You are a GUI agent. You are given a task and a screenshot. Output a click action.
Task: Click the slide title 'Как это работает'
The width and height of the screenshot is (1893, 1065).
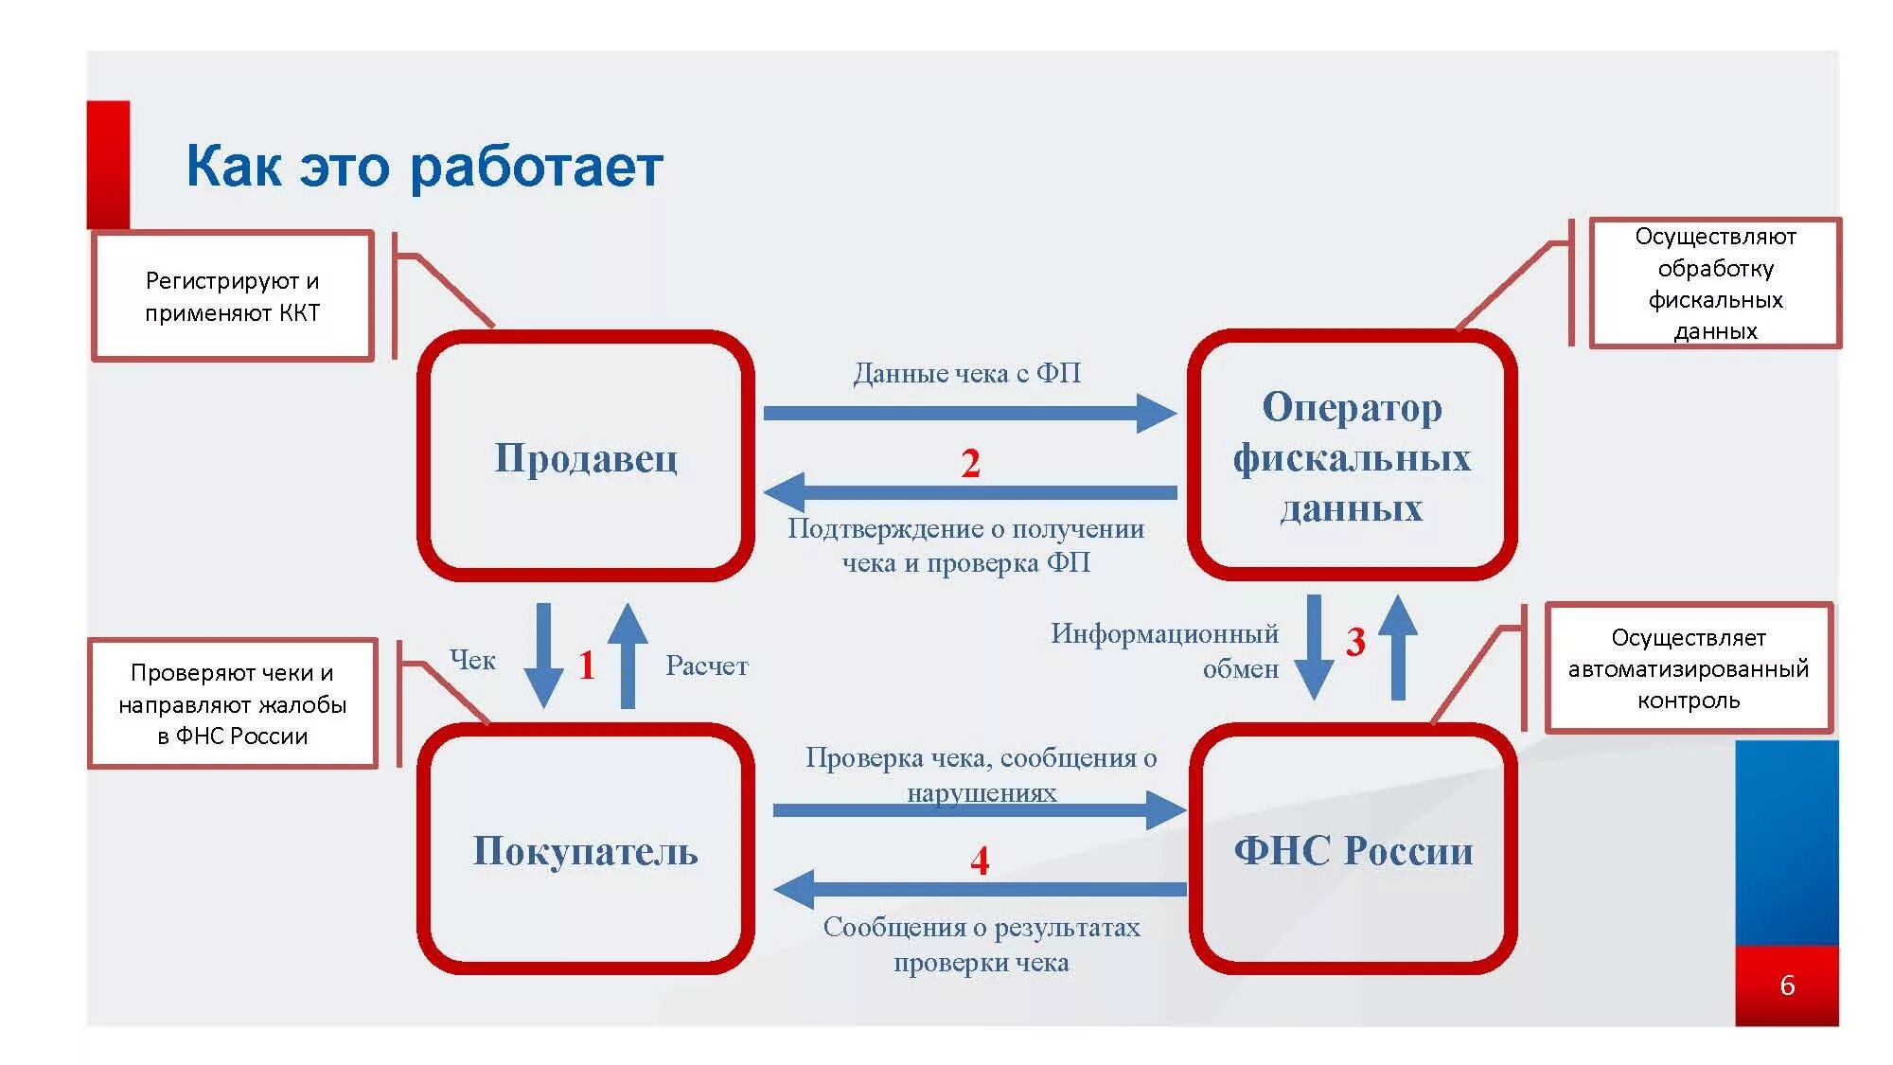[424, 167]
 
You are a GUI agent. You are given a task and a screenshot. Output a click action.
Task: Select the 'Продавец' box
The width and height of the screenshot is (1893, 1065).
[586, 456]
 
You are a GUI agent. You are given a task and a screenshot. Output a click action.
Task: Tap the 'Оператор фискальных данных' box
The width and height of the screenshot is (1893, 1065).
[1352, 456]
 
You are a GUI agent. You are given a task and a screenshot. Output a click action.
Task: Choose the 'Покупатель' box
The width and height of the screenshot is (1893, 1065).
[586, 849]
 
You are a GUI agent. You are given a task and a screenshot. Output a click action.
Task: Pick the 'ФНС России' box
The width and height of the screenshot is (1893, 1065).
[1353, 849]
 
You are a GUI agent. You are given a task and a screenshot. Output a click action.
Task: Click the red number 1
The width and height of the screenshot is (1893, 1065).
[587, 665]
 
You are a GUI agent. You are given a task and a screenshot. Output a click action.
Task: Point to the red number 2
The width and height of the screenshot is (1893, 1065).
[970, 463]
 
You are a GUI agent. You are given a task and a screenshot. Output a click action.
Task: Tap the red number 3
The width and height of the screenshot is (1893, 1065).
[1355, 642]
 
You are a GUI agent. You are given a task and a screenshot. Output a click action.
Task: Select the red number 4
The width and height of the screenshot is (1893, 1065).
[980, 861]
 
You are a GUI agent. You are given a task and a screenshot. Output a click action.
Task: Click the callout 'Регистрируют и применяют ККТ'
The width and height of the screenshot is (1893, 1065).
[233, 296]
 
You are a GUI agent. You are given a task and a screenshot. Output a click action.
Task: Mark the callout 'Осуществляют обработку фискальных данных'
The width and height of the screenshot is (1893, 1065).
[1714, 283]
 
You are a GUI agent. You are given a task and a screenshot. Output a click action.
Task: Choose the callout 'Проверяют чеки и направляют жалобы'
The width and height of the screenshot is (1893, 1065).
[233, 703]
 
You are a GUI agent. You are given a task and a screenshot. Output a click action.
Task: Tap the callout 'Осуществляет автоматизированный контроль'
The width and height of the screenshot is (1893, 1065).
[1688, 668]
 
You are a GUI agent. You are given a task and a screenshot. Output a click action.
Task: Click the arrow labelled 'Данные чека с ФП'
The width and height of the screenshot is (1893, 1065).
[969, 413]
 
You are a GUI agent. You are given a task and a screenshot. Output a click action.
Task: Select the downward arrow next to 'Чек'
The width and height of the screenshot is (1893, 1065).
[543, 656]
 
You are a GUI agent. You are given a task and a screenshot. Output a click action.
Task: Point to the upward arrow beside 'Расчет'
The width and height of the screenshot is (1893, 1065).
[627, 656]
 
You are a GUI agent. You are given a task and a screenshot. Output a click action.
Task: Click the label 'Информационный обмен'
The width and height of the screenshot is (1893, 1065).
[1165, 650]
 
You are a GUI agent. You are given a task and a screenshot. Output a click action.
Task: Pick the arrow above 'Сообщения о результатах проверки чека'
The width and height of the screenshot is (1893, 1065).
[980, 889]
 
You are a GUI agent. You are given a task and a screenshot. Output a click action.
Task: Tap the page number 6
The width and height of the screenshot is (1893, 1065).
[1787, 985]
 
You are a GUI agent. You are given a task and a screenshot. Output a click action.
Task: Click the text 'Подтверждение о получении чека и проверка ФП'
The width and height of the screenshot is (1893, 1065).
[966, 545]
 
